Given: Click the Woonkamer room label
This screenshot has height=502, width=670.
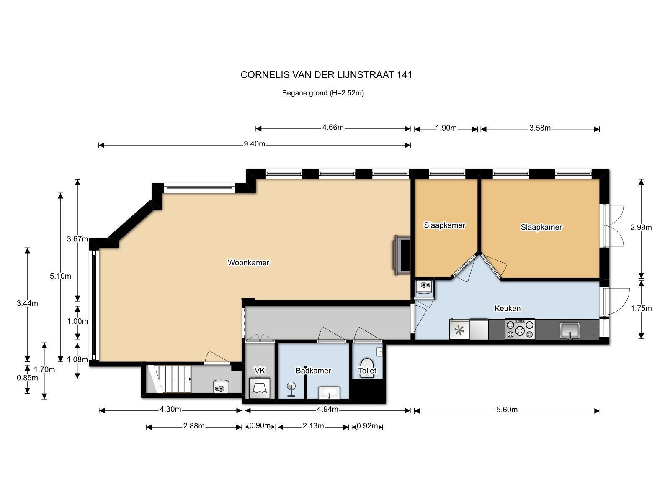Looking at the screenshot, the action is point(248,262).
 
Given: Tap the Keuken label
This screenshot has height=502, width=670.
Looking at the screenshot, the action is point(507,308).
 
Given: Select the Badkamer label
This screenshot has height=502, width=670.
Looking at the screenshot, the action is point(313,371).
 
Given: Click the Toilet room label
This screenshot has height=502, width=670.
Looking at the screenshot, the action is point(367,371).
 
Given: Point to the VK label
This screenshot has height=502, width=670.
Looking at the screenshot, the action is point(260,371).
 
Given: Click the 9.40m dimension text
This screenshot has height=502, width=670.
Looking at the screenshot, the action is point(254,144).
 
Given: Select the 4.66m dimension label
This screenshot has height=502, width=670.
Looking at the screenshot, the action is point(333,128).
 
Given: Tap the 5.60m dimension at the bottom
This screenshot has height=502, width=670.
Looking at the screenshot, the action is point(507,410).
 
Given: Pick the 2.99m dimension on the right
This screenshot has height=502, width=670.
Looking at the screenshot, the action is point(641,228).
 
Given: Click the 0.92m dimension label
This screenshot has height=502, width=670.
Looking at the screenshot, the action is point(367,426).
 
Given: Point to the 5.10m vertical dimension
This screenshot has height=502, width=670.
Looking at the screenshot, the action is point(60,276).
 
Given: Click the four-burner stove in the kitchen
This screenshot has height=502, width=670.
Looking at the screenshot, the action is point(520,329).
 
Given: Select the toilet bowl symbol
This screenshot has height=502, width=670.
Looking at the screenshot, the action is point(367,368).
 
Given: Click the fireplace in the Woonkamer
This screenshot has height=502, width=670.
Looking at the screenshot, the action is point(402,255).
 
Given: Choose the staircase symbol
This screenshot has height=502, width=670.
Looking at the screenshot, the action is point(169,379).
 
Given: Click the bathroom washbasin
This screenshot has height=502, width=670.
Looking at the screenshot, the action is point(329,392).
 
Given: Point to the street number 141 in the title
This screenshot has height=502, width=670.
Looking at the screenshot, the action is point(405,75).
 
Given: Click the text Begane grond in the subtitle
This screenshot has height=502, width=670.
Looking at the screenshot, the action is point(304,93).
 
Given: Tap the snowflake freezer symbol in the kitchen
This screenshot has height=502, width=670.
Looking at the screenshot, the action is point(459,330).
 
